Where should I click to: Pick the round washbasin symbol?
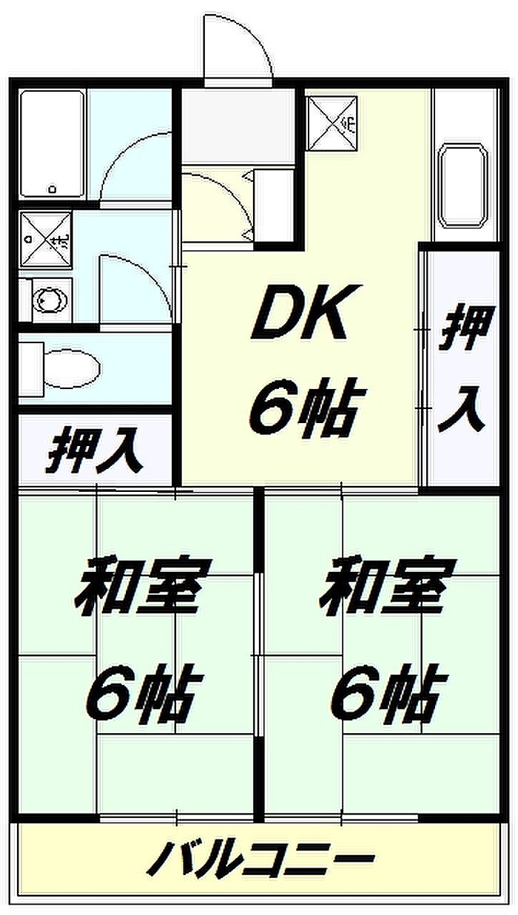(52, 300)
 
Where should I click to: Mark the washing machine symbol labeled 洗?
(46, 240)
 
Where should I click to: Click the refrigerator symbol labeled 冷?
(332, 123)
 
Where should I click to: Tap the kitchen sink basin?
(464, 185)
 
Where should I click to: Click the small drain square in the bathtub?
(53, 189)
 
